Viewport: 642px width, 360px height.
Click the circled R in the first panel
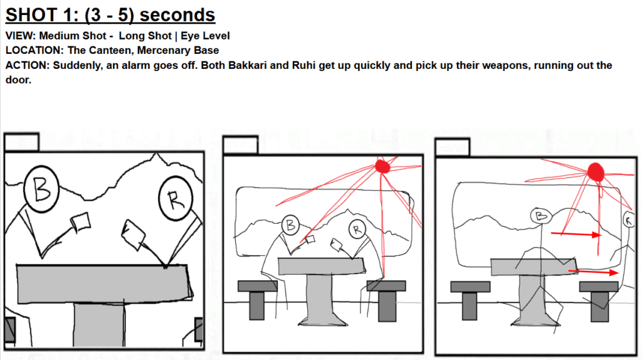tap(176, 199)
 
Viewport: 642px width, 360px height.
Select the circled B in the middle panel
tap(290, 225)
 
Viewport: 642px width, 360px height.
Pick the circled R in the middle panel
tap(357, 230)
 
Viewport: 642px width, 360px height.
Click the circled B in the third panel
tap(541, 215)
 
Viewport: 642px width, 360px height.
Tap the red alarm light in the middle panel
tap(383, 166)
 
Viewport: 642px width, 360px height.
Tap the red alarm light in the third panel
tap(596, 172)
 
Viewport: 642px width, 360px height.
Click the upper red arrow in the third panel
tap(576, 235)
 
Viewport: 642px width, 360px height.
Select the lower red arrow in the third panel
tap(594, 272)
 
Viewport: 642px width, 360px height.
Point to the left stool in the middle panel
tap(257, 299)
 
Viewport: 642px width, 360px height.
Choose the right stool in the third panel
tap(599, 300)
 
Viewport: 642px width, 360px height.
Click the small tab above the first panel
tap(22, 142)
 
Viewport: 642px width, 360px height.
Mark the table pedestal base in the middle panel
tap(323, 319)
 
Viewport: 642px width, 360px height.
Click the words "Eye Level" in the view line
tap(205, 36)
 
